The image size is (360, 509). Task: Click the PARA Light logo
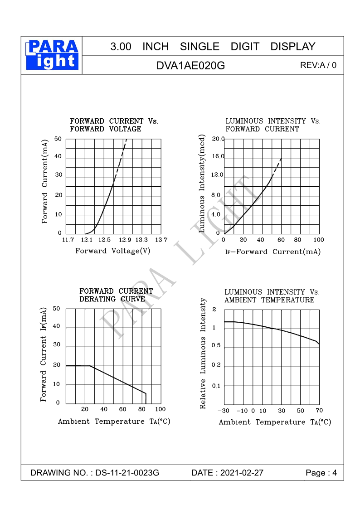(x=53, y=55)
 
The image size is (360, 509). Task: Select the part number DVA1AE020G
(x=190, y=65)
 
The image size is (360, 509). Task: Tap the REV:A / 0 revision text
(x=318, y=65)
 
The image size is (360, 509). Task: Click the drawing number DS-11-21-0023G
(x=127, y=473)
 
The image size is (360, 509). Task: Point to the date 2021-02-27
(x=241, y=473)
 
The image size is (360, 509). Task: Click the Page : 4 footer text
(x=321, y=473)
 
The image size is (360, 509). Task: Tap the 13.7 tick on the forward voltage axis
(x=161, y=240)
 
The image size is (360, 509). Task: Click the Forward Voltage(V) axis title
(x=113, y=251)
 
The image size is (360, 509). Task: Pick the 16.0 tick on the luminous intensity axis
(x=218, y=156)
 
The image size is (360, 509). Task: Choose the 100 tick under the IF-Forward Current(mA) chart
(x=319, y=240)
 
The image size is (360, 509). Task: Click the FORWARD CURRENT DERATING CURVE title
(x=116, y=295)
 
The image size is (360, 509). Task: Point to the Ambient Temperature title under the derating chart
(x=114, y=422)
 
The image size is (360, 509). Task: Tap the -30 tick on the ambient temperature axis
(x=224, y=411)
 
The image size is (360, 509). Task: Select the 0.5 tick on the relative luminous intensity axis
(x=216, y=346)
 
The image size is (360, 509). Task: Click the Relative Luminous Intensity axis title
(x=203, y=354)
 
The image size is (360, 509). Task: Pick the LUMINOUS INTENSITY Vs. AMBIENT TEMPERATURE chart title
(x=272, y=296)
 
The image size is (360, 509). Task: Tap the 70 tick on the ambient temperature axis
(x=319, y=411)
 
